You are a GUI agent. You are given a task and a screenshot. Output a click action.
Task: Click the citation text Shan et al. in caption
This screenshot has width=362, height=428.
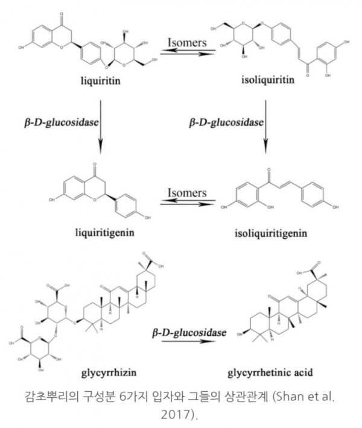(300, 399)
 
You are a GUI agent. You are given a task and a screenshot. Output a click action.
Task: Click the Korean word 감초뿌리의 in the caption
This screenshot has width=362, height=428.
(51, 399)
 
